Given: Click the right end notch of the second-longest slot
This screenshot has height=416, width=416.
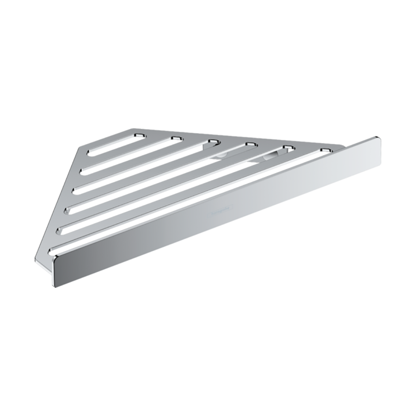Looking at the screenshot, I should pos(288,148).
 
